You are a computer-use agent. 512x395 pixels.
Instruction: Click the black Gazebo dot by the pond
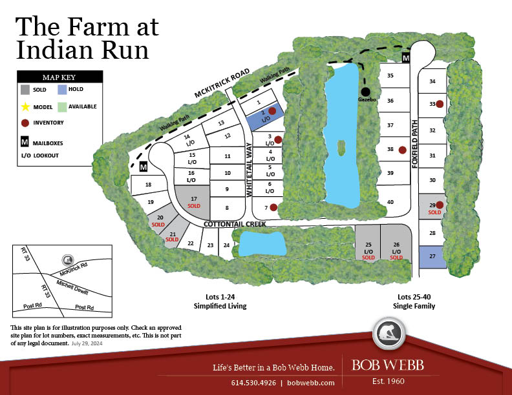366,91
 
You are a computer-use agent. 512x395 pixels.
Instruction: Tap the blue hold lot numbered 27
432,257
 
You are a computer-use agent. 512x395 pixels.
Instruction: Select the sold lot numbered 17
193,201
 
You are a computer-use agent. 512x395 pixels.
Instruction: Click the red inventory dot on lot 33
440,104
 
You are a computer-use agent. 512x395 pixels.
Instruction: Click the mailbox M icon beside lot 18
144,167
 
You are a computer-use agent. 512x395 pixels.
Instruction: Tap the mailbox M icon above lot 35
406,59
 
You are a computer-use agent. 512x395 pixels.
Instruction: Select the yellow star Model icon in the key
25,106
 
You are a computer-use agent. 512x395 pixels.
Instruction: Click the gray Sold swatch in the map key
25,89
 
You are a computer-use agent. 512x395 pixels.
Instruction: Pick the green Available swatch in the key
62,106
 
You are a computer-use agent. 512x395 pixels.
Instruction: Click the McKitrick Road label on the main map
222,84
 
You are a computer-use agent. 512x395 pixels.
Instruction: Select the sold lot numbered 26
396,248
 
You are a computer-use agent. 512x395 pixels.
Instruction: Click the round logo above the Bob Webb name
388,334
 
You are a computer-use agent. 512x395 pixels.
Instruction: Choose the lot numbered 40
390,202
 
